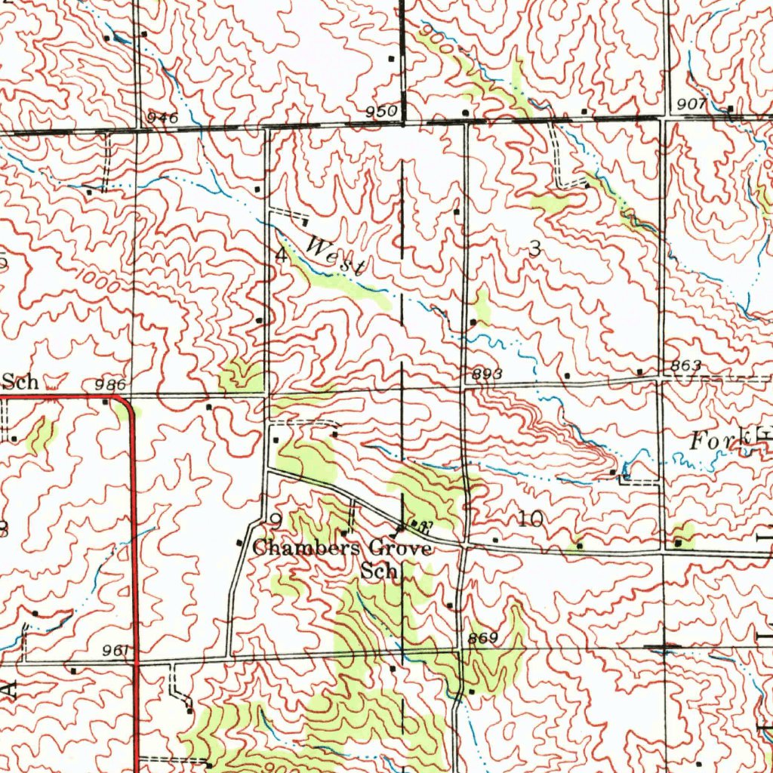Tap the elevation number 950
[x=381, y=112]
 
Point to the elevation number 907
[x=691, y=104]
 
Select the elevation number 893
[x=487, y=374]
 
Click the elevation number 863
[x=686, y=365]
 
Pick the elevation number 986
[x=110, y=385]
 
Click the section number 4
[x=281, y=255]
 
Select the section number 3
[x=535, y=251]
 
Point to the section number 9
[x=276, y=519]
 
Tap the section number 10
[x=530, y=519]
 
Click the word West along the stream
[x=337, y=255]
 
